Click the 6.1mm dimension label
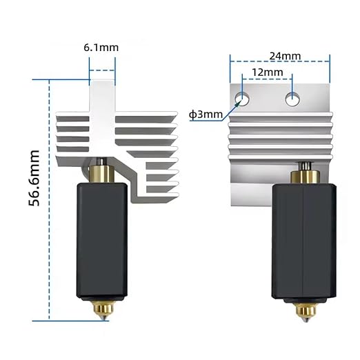click(101, 48)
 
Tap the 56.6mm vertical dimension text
click(34, 178)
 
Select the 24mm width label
click(285, 56)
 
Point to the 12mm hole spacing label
click(268, 72)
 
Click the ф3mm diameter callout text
click(206, 114)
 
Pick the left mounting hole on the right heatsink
click(242, 99)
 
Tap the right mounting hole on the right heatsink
click(292, 99)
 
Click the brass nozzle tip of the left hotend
click(103, 310)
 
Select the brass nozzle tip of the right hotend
click(306, 312)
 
